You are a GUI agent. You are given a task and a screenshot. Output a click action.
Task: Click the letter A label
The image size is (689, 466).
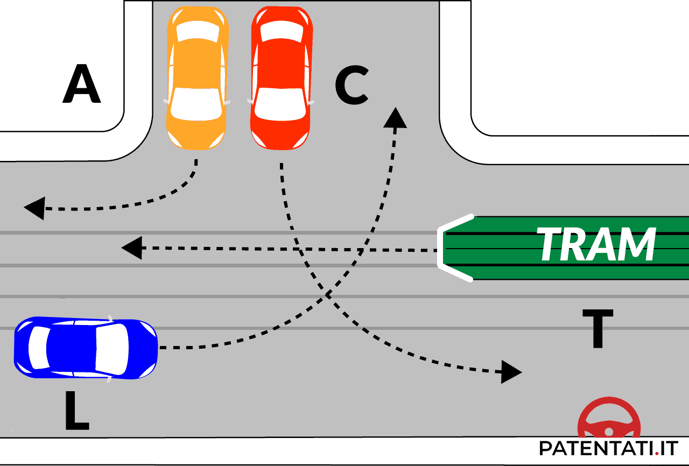click(x=82, y=85)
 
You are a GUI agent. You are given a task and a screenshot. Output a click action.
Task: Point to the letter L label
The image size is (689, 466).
click(x=76, y=411)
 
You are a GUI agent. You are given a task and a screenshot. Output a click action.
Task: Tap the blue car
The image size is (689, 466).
click(x=85, y=349)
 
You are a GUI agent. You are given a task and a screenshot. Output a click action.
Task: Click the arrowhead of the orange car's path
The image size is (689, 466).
click(x=33, y=208)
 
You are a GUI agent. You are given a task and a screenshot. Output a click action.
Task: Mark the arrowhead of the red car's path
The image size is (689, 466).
click(x=511, y=371)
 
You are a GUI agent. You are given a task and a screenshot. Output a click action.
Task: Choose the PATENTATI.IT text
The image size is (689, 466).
click(x=608, y=448)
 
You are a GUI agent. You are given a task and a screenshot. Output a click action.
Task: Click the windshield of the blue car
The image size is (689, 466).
click(x=112, y=348)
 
